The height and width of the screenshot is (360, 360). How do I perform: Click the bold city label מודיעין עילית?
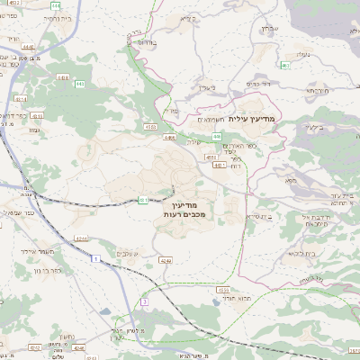(x=256, y=119)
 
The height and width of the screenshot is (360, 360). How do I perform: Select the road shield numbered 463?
(x=285, y=66)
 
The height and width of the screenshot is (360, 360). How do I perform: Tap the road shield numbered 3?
(x=144, y=302)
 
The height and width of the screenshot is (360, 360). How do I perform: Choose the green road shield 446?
(x=217, y=137)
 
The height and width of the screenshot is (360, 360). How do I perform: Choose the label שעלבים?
(x=131, y=255)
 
